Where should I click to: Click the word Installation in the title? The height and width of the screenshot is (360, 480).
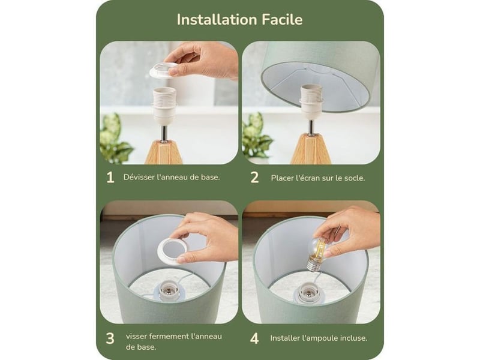217,20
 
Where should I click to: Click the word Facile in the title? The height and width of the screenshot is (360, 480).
282,20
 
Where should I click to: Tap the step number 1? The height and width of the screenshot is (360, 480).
110,178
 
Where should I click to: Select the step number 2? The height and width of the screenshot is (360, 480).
254,178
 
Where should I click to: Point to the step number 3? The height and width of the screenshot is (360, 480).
110,338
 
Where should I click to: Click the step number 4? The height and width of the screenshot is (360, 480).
254,338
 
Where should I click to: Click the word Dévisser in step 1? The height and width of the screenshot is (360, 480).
139,177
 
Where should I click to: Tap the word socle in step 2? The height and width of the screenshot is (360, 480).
355,178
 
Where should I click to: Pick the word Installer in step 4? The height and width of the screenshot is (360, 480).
284,338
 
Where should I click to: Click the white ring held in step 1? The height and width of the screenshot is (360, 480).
164,70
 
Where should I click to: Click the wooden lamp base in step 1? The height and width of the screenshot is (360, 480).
164,152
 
